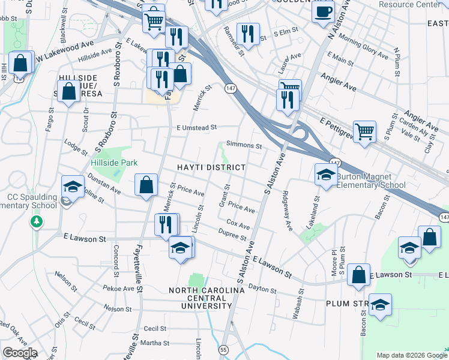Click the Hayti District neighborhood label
pos(211,167)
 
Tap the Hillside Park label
pos(114,163)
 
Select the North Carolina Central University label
pos(206,298)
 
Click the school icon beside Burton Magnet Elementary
pos(326,175)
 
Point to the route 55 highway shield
pos(223,349)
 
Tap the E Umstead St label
pos(196,127)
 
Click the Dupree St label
pos(232,235)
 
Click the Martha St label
pos(155,343)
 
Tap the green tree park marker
pos(37,223)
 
